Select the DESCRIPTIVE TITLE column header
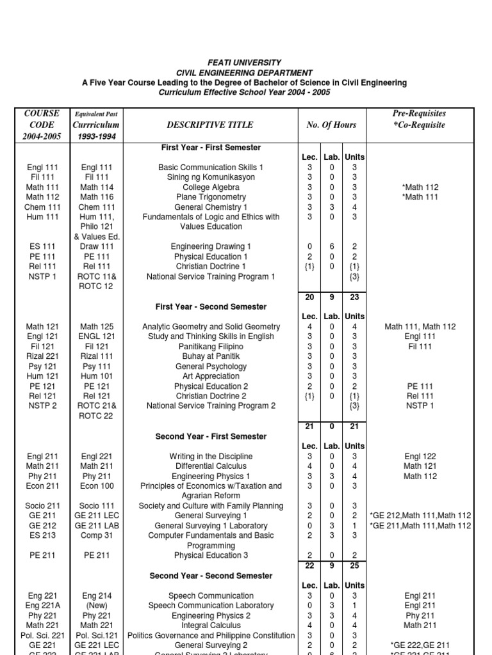pos(210,125)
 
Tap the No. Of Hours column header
pos(331,125)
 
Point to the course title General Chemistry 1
pos(211,207)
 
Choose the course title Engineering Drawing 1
pos(211,246)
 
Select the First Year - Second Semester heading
pos(211,306)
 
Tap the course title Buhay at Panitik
pos(211,356)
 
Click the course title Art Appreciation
pos(211,376)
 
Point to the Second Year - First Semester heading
pos(211,436)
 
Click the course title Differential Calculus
pos(211,466)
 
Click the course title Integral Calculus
pos(211,626)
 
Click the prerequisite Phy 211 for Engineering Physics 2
pos(420,615)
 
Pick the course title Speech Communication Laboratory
pos(211,606)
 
